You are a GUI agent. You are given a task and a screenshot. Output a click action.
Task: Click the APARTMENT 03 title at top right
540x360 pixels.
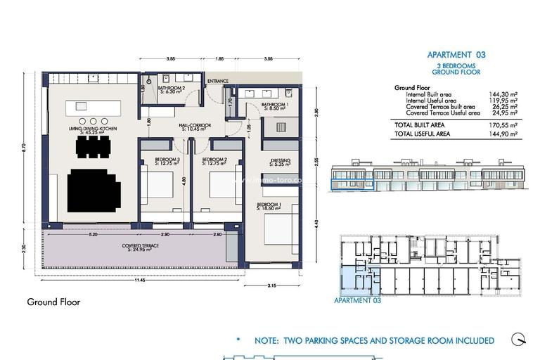click(x=456, y=54)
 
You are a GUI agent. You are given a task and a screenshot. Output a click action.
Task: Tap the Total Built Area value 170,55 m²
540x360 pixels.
click(x=503, y=124)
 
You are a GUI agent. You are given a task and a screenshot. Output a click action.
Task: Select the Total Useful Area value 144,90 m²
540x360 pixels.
click(x=503, y=132)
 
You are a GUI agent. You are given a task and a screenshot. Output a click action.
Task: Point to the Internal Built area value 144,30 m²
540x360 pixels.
click(x=503, y=94)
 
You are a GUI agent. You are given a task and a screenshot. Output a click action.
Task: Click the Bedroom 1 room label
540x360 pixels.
click(x=269, y=206)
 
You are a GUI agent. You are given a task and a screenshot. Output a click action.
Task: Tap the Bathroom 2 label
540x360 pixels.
click(x=172, y=89)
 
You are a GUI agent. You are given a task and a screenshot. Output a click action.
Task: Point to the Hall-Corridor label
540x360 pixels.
click(x=195, y=127)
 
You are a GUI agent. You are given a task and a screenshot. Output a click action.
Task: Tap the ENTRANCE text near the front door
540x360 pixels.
click(x=217, y=82)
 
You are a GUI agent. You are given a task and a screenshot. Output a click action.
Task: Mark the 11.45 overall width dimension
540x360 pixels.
click(x=141, y=280)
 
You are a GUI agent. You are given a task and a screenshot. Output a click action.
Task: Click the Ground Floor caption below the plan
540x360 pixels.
click(x=53, y=302)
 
